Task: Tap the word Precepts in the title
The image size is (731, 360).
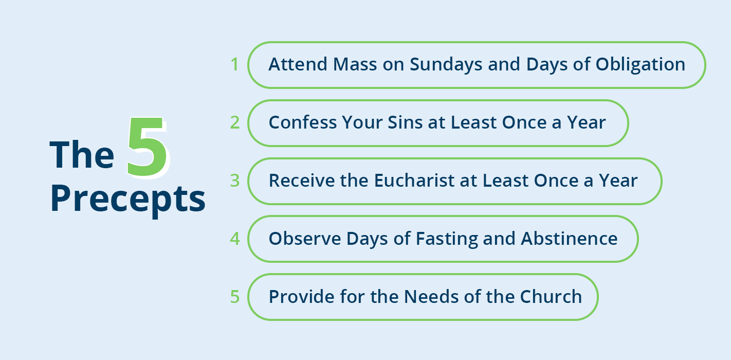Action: click(x=128, y=199)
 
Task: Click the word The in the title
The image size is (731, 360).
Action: click(x=82, y=155)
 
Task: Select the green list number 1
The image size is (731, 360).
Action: click(x=234, y=64)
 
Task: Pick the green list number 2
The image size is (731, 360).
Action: click(x=234, y=123)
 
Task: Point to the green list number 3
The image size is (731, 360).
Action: click(x=234, y=181)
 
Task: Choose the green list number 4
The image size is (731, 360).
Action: click(x=234, y=239)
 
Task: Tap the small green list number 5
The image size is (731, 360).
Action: click(x=234, y=297)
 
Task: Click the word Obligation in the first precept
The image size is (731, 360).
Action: click(x=641, y=65)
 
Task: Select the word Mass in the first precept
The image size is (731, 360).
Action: click(x=355, y=64)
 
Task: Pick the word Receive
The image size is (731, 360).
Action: click(x=302, y=181)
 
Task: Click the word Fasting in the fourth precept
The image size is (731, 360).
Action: click(x=446, y=240)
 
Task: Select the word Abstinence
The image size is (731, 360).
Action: click(x=569, y=239)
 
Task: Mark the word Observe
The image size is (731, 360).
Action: click(x=305, y=239)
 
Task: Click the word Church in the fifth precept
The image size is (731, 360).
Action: click(x=551, y=297)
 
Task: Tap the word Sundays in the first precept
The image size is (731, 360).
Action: click(x=446, y=65)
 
